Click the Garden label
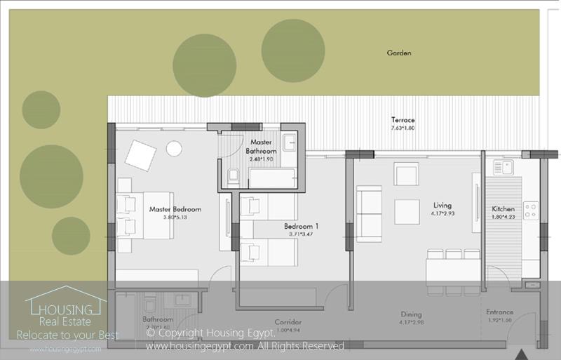tap(398, 53)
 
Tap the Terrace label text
tap(403, 120)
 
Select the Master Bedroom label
tap(175, 209)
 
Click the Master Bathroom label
tap(261, 146)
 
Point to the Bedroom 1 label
tap(301, 226)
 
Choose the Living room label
tap(442, 205)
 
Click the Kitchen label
tap(503, 209)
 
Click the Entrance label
tap(500, 312)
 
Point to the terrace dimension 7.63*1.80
tap(403, 128)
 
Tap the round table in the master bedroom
tap(174, 148)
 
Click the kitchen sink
tap(503, 168)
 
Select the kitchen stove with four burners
tap(530, 211)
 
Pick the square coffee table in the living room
tap(407, 211)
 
